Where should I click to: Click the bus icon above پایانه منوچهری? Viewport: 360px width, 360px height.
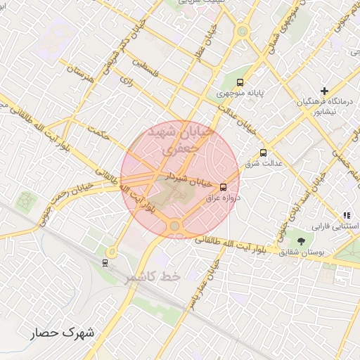pos(241,82)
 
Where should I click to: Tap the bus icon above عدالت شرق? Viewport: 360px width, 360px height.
pos(264,153)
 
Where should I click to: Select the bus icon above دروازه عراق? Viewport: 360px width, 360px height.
pos(223,187)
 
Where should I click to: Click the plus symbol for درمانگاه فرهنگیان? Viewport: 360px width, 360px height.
pos(324,91)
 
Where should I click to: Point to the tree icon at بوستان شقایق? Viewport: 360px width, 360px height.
pos(301,242)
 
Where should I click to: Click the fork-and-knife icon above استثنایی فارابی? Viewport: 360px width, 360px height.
pos(346,214)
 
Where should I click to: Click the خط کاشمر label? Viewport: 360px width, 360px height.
pos(153,277)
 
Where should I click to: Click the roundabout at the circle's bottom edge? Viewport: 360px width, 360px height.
pos(174,226)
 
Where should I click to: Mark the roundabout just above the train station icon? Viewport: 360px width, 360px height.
pos(111,250)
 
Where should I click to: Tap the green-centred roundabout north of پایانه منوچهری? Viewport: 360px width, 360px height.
pos(243,31)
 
